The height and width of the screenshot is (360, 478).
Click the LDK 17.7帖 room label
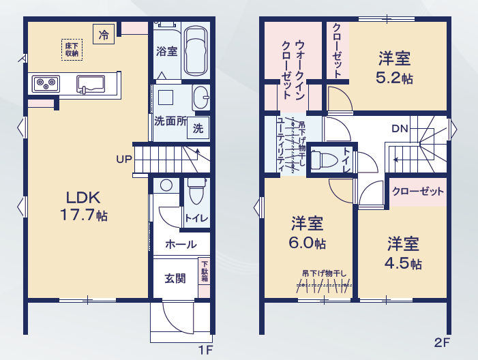point(84,206)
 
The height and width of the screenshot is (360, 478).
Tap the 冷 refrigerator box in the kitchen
point(104,34)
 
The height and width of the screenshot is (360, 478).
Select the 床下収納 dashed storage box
point(72,50)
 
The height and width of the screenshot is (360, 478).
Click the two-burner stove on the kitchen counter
point(46,83)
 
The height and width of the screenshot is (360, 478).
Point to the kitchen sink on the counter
point(91,84)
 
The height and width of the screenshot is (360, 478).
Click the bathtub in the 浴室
point(196,51)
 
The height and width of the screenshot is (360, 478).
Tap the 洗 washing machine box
point(198,128)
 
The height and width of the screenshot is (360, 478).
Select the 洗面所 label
point(170,121)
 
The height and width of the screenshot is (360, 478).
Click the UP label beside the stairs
point(124,159)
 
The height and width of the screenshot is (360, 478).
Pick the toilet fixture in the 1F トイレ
point(196,191)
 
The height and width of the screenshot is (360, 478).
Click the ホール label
point(181,244)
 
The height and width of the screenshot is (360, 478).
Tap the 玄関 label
point(175,278)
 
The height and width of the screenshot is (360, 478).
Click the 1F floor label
point(205,350)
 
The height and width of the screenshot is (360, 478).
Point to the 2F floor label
point(442,343)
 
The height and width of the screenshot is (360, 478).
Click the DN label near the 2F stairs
point(400,129)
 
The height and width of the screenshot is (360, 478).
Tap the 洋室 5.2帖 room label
point(395,67)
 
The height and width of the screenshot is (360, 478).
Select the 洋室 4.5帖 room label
point(403,254)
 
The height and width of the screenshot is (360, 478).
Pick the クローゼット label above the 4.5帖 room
point(417,192)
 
